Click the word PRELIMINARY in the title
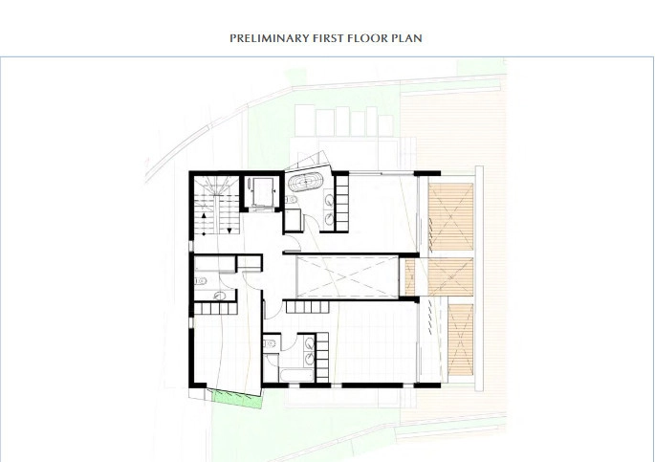pos(269,38)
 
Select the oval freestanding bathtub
pos(306,182)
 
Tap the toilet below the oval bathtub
pos(291,199)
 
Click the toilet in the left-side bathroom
pos(201,280)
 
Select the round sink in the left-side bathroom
pos(219,296)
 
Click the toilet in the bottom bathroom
pos(271,344)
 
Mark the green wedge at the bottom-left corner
pos(238,399)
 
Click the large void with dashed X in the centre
pos(347,276)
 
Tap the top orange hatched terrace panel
pos(450,216)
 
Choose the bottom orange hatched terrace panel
pos(461,340)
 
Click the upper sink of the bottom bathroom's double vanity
pos(310,343)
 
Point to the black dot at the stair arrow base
pos(204,234)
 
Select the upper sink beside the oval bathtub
pos(329,201)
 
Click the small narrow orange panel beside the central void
pos(409,277)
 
